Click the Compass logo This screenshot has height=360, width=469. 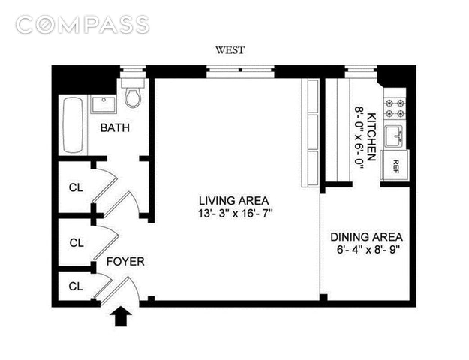[x=83, y=25]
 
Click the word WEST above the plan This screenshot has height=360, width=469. [x=230, y=50]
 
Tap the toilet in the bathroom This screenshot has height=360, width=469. [x=133, y=93]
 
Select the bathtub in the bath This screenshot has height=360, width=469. [x=73, y=125]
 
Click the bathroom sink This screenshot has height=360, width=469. [x=104, y=105]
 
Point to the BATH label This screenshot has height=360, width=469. [x=115, y=128]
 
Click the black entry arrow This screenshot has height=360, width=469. [x=121, y=316]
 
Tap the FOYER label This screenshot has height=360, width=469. [x=125, y=262]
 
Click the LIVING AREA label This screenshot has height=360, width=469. [x=234, y=201]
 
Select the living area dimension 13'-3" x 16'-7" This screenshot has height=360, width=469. [x=236, y=214]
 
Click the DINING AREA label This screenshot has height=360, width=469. [x=366, y=237]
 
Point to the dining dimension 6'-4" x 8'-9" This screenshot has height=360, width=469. [x=368, y=249]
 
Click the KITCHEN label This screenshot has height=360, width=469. [x=371, y=137]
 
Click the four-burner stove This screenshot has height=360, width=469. [x=395, y=108]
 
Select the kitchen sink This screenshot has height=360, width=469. [x=394, y=136]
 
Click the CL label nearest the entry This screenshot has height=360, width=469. [x=76, y=286]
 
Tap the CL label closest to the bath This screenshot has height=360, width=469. [x=76, y=187]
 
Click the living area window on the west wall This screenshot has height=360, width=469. [x=240, y=72]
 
